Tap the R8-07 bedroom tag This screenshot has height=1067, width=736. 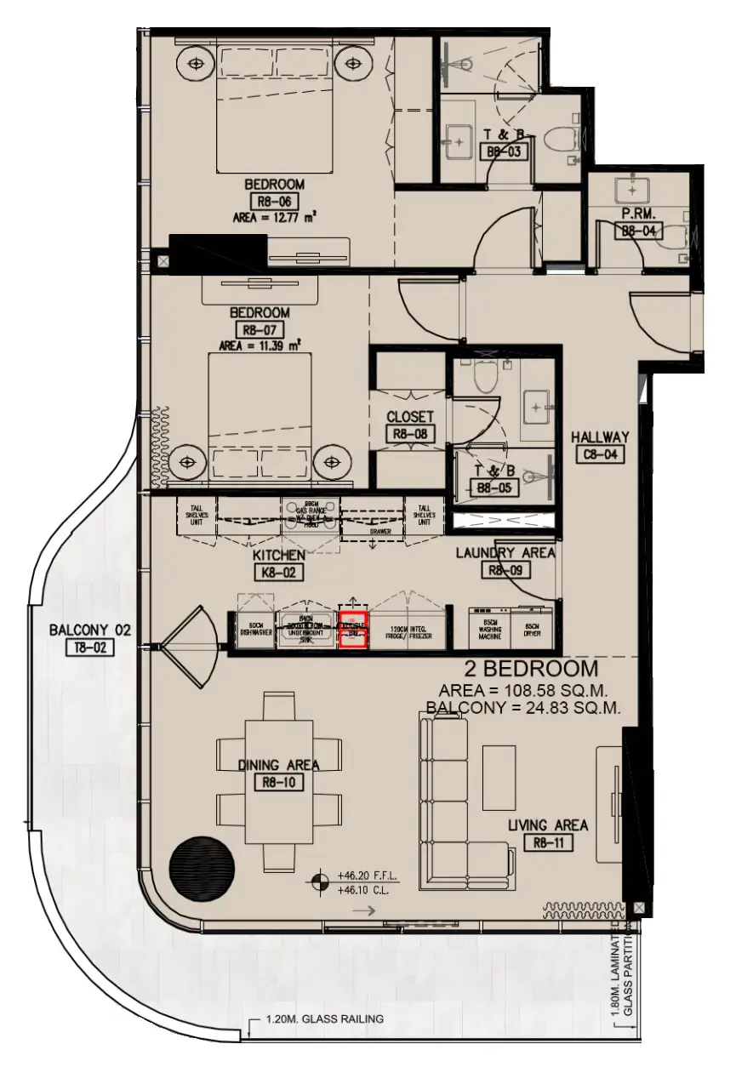[x=263, y=329]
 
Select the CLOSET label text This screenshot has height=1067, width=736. [x=410, y=418]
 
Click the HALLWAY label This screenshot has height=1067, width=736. [x=600, y=436]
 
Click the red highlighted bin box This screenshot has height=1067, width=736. [x=353, y=630]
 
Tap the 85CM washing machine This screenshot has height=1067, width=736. [x=493, y=628]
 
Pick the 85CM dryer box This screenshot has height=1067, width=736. [x=531, y=628]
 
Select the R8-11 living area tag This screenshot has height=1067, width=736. [x=548, y=843]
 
